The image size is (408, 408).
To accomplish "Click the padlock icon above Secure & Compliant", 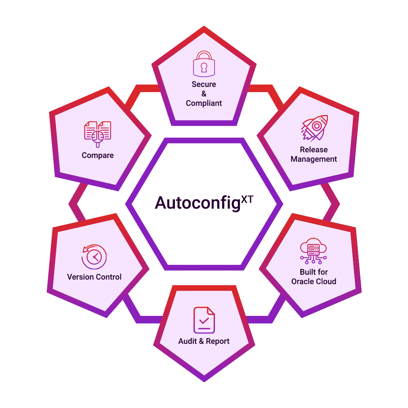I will pyautogui.click(x=204, y=63).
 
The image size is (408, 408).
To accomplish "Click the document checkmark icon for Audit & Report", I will pyautogui.click(x=204, y=320).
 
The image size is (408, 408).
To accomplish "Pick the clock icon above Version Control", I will pyautogui.click(x=94, y=257).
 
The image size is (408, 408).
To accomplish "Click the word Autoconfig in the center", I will pyautogui.click(x=198, y=203).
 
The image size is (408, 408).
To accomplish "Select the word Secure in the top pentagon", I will pyautogui.click(x=204, y=84).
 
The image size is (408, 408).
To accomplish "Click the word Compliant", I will pyautogui.click(x=204, y=103).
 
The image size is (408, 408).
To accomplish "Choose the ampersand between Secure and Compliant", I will pyautogui.click(x=204, y=94).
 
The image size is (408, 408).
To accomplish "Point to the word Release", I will pyautogui.click(x=314, y=150).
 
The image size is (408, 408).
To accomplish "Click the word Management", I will pyautogui.click(x=314, y=159).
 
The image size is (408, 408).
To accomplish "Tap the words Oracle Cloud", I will pyautogui.click(x=314, y=281).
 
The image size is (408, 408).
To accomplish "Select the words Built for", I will pyautogui.click(x=314, y=272).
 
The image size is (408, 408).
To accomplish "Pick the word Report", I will pyautogui.click(x=218, y=341).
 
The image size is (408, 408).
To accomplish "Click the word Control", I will pyautogui.click(x=108, y=277).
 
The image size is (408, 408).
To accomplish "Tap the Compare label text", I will pyautogui.click(x=98, y=155).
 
